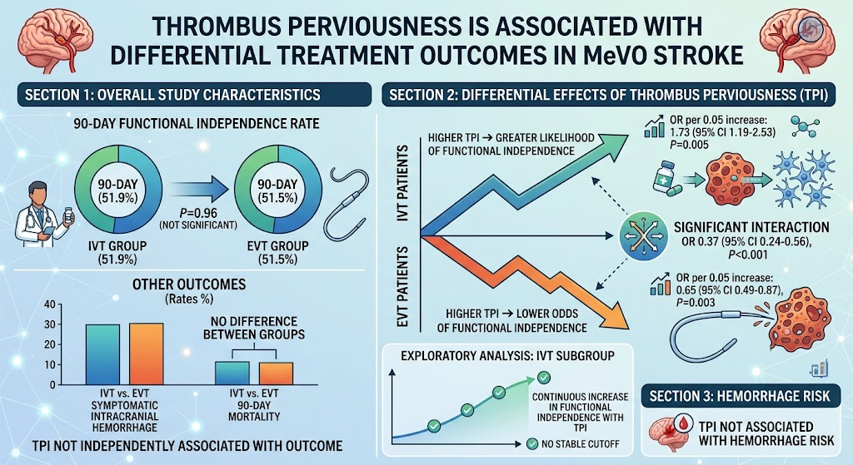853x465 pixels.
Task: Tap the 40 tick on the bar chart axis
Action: click(49, 304)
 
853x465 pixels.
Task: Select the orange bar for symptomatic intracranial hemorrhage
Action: click(147, 354)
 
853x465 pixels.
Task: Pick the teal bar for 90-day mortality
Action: click(232, 373)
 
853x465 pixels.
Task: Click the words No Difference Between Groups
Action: click(254, 328)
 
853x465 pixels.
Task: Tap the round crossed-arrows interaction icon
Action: click(644, 235)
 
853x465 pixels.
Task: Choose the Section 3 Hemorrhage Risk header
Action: click(740, 396)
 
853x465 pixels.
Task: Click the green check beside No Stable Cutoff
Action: click(532, 444)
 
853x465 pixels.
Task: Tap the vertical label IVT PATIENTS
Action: click(403, 182)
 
